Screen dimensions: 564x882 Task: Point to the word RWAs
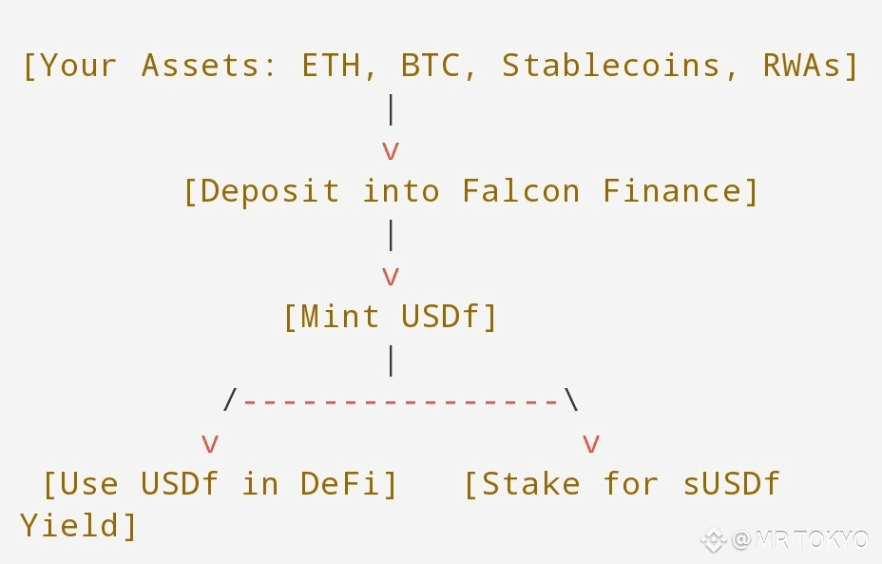(x=803, y=66)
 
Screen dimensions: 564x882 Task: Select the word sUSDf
(x=731, y=483)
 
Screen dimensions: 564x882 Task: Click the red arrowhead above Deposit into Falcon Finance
(x=390, y=150)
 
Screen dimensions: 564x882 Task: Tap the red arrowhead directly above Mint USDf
(x=390, y=276)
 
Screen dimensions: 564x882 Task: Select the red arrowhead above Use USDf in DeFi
(x=210, y=443)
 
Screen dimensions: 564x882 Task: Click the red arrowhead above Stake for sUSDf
(x=590, y=443)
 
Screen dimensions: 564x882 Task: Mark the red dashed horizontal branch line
(x=400, y=401)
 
